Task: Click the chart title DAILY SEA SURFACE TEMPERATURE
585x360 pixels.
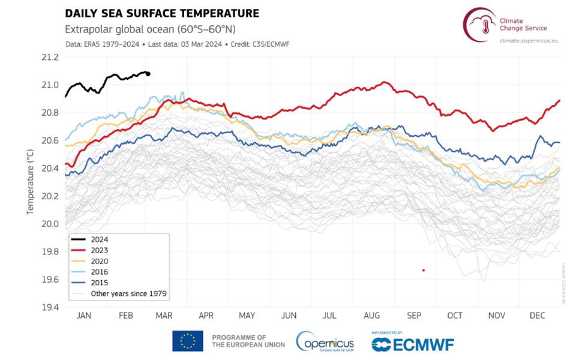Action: pyautogui.click(x=162, y=13)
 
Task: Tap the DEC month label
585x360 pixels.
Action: pyautogui.click(x=538, y=316)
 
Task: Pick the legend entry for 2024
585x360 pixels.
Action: pyautogui.click(x=99, y=239)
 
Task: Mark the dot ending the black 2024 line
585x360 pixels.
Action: pyautogui.click(x=148, y=74)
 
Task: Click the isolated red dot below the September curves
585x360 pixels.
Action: pyautogui.click(x=424, y=270)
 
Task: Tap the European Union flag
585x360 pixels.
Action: pyautogui.click(x=187, y=341)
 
